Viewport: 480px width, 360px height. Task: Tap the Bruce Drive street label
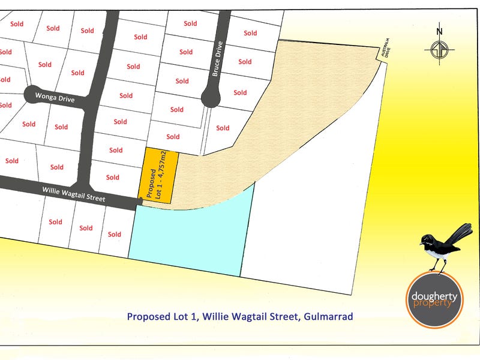[217, 58]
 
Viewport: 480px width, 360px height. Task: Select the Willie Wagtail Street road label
[74, 193]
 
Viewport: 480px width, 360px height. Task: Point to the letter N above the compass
[439, 32]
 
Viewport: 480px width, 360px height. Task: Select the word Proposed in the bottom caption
[148, 316]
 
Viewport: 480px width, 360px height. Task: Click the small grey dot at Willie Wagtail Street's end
[140, 202]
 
